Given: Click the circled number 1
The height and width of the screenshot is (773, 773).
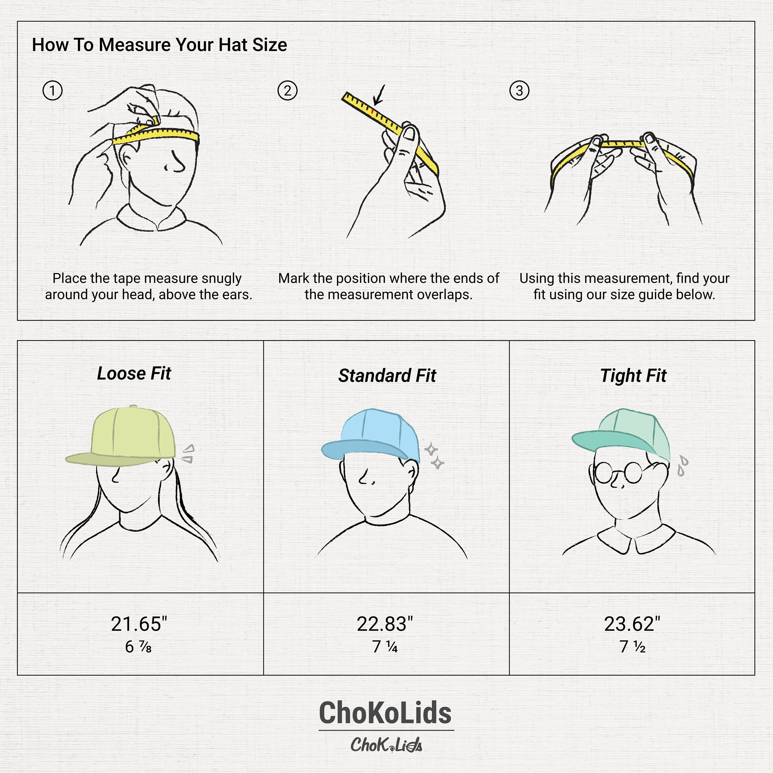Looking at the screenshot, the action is click(x=52, y=90).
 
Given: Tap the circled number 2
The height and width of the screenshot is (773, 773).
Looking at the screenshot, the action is click(x=287, y=90).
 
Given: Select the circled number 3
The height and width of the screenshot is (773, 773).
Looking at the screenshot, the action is click(x=519, y=90).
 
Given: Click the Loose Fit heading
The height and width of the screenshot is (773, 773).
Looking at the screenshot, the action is click(x=134, y=373).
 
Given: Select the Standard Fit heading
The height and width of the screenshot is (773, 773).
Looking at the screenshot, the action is click(x=387, y=376).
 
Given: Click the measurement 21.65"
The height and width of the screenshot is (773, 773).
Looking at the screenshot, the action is click(x=139, y=624).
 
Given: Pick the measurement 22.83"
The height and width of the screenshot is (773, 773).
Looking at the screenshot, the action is click(x=384, y=624).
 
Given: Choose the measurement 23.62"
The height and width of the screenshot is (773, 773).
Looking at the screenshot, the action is click(x=632, y=624).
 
